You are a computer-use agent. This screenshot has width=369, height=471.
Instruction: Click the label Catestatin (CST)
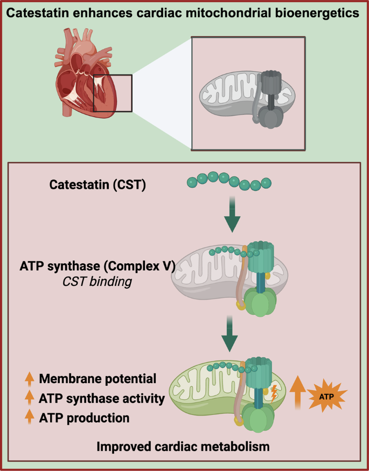coord(98,185)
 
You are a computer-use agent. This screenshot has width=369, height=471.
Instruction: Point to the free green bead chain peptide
coord(229,181)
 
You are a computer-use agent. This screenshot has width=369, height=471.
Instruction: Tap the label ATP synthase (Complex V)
coord(98,267)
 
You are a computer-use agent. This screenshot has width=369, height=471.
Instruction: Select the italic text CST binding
coord(97,282)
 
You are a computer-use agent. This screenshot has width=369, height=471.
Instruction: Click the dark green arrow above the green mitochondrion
coord(229,333)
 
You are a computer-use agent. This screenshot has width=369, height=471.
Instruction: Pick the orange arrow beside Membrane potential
coord(30,379)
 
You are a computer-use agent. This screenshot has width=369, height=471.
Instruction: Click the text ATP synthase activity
coord(102,399)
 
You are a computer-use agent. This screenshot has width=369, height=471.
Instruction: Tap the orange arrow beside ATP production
coord(30,418)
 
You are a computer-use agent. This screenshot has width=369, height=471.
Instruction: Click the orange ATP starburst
coord(326,397)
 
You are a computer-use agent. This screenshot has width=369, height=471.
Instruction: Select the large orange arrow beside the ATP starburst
coord(297,392)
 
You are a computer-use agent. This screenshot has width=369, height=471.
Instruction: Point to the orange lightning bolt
coord(274,394)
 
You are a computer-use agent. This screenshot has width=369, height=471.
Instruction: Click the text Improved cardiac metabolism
coord(183,447)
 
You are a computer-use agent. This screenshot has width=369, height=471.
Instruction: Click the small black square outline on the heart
coord(113,93)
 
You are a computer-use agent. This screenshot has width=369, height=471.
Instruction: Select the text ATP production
coord(84,418)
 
